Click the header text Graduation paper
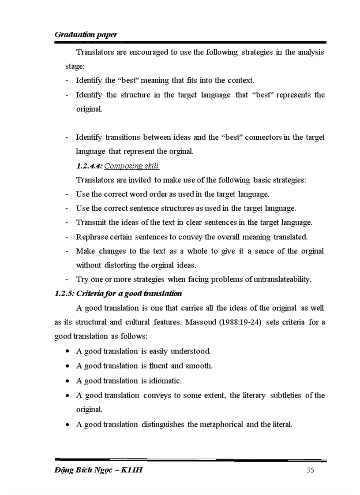click(86, 34)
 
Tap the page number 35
click(310, 470)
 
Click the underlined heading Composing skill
click(131, 166)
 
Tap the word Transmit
click(91, 223)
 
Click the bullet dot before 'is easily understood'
click(67, 351)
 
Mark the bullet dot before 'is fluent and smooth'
click(67, 366)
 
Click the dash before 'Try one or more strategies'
click(66, 279)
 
